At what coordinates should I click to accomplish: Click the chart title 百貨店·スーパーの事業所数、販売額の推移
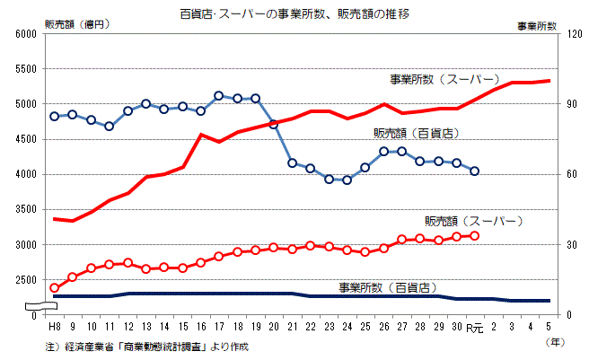293,13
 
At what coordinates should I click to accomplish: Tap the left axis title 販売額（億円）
76,24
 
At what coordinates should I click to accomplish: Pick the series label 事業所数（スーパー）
443,79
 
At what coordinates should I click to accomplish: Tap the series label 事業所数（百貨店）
387,287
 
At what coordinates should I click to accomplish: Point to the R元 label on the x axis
474,329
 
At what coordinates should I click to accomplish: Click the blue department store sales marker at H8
55,116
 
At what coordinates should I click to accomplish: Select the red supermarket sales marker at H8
55,288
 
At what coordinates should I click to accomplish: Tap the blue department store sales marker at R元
475,171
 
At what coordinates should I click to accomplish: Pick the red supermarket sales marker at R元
475,235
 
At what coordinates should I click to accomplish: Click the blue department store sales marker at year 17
218,95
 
